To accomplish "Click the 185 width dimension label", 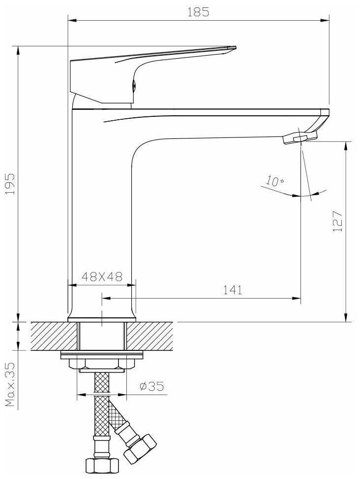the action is (x=198, y=12).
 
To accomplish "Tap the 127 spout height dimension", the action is (x=338, y=221).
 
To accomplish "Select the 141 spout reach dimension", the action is (x=233, y=290).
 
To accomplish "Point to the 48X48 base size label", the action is (x=102, y=276).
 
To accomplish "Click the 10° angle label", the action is (x=274, y=180).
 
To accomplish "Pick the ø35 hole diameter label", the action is (x=151, y=386).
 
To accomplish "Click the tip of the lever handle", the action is (x=235, y=47).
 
